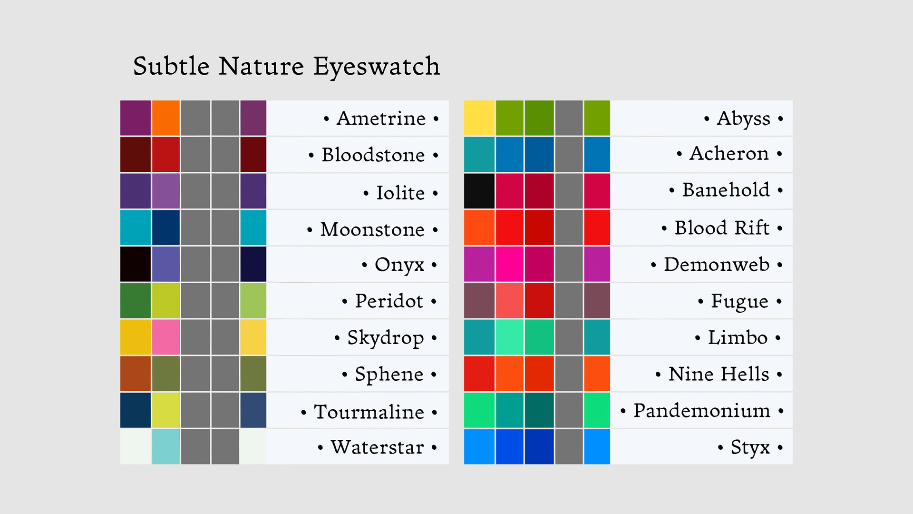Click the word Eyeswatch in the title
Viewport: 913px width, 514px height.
[x=377, y=67]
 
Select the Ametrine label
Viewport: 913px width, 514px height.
[x=381, y=118]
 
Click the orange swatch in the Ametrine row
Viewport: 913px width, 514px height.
[x=166, y=118]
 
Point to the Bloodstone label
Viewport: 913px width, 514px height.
[x=373, y=155]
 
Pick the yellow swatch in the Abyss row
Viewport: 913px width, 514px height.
[x=479, y=118]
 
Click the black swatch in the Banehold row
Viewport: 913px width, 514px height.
[x=479, y=191]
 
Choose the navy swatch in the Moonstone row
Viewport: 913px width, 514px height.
[x=166, y=227]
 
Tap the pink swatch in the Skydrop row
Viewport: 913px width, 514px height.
[x=166, y=337]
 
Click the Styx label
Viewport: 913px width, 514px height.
[x=750, y=448]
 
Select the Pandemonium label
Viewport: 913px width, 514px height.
[x=702, y=410]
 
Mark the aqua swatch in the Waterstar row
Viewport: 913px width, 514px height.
[x=166, y=446]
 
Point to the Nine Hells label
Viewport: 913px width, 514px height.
[x=719, y=374]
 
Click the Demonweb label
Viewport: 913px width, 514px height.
[x=717, y=264]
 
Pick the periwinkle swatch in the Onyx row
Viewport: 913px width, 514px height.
[x=166, y=264]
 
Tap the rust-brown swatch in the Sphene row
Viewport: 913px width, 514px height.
[x=136, y=374]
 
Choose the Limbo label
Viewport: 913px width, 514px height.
[x=738, y=337]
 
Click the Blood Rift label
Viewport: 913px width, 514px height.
[x=722, y=227]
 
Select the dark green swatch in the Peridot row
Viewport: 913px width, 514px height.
[x=136, y=300]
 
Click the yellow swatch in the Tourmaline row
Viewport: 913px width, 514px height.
[x=166, y=410]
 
